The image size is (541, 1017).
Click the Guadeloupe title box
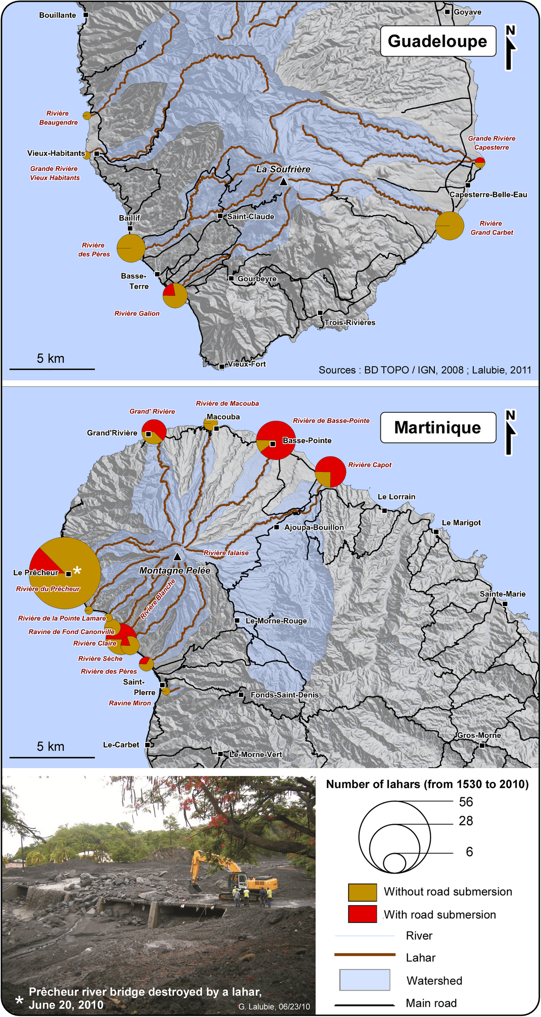(x=438, y=41)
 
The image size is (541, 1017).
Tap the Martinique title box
(x=438, y=427)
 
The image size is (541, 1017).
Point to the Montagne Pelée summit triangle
(x=177, y=557)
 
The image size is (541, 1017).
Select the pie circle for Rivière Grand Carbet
(x=450, y=225)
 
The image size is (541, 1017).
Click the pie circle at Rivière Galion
(x=175, y=295)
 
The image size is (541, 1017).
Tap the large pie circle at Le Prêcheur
(x=65, y=573)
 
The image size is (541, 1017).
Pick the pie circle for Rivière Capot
(x=330, y=472)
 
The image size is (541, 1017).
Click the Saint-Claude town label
(x=251, y=216)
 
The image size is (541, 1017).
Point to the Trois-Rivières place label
(x=350, y=323)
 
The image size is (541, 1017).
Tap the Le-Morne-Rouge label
(x=276, y=621)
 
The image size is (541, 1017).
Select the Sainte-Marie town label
(x=502, y=594)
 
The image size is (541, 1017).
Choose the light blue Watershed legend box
(x=364, y=980)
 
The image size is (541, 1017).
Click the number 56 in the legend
(x=466, y=802)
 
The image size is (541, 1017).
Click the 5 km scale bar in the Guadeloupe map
(x=52, y=369)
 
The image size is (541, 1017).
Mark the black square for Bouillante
(x=86, y=15)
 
